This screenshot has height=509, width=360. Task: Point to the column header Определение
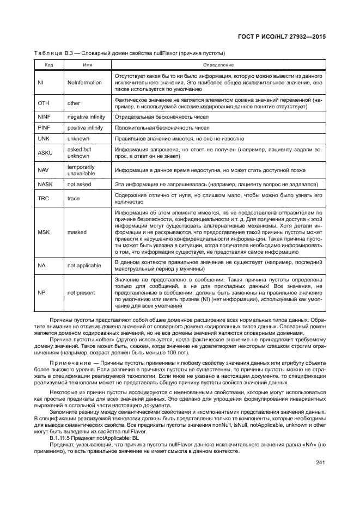pos(218,65)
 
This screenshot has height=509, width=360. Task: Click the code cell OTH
pos(43,103)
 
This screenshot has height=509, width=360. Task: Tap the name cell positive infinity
pos(85,128)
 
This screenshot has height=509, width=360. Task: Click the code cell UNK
pos(44,139)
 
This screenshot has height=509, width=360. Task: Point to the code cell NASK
pos(45,185)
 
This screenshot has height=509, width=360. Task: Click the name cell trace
pos(74,199)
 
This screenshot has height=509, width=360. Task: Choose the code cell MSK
pos(44,232)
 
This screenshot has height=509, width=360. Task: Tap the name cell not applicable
pos(84,265)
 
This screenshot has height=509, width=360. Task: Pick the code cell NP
pos(41,292)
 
